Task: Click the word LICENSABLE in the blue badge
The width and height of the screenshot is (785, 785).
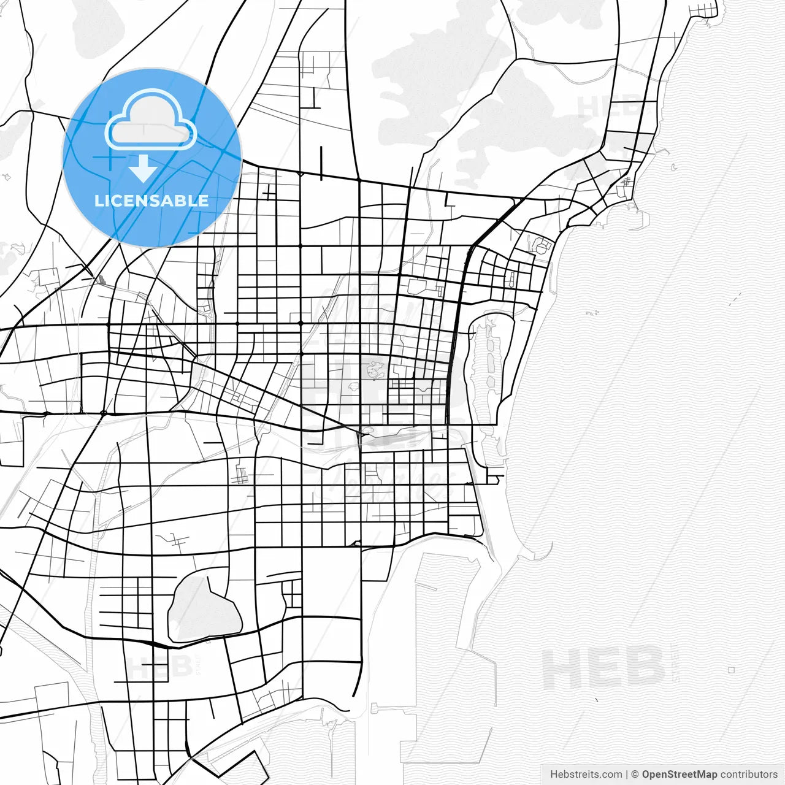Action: coord(151,201)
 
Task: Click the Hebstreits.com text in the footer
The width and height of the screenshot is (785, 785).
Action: coord(585,774)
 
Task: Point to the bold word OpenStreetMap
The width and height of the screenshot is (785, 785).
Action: coord(679,774)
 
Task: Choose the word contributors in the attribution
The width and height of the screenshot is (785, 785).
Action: coord(748,774)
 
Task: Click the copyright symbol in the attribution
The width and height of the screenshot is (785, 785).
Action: coord(635,774)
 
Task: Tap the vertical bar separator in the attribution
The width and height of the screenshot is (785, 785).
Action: coord(626,774)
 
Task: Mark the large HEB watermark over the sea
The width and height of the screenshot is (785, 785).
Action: coord(603,667)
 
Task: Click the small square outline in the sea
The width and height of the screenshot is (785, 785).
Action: coord(732,670)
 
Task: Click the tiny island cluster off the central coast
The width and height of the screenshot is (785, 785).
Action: coord(592,313)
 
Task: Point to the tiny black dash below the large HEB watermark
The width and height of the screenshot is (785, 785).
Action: coord(597,699)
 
